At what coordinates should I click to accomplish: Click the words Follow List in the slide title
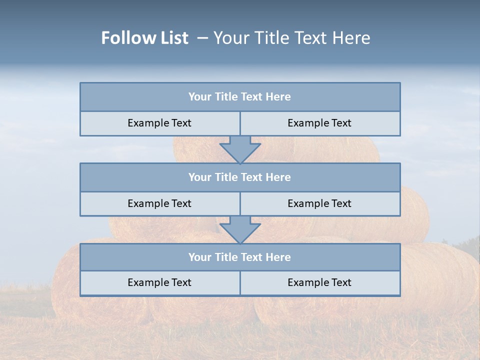[144, 38]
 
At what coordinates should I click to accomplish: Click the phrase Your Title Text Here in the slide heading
[291, 38]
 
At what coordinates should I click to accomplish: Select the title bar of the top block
[240, 97]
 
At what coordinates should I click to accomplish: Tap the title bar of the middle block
[240, 177]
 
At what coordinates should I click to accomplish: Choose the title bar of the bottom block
[240, 257]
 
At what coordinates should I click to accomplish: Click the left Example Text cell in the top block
[159, 123]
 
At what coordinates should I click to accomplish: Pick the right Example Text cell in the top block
[319, 123]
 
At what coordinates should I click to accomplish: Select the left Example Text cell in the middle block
[159, 203]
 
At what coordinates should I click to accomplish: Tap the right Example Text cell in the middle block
[319, 203]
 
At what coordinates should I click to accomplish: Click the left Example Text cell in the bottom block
[159, 282]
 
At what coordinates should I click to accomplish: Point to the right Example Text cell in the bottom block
[319, 282]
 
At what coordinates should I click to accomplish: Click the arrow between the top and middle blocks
[240, 149]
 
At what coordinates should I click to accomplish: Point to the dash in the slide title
[202, 38]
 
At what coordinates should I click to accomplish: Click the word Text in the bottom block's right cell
[340, 282]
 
